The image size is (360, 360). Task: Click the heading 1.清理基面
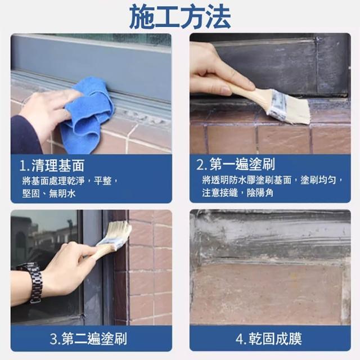52,165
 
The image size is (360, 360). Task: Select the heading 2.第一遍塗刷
236,164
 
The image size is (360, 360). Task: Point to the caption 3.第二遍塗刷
88,339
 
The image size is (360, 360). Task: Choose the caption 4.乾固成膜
269,339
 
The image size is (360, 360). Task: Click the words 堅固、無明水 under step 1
49,193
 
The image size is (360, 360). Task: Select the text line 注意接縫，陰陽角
238,192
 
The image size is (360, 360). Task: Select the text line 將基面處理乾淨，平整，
70,181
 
